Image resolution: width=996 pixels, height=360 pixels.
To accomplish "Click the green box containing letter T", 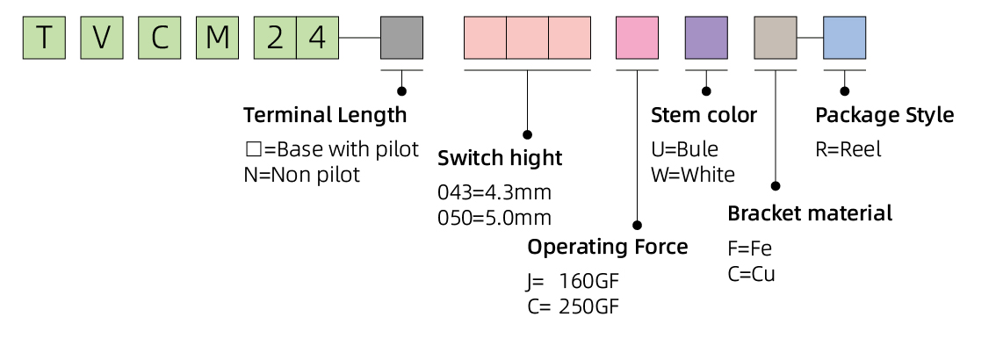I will click(44, 38).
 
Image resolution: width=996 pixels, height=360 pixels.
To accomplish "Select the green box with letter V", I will click(101, 38).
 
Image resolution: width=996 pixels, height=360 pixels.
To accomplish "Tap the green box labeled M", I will click(217, 38).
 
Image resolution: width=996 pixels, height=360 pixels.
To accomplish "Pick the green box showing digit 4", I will click(318, 38).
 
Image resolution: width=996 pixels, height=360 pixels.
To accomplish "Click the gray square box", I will click(401, 38).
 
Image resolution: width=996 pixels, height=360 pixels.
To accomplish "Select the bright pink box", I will click(638, 38).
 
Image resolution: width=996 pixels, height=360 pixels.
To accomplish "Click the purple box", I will click(706, 38).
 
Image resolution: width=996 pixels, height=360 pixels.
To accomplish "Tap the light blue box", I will click(844, 38).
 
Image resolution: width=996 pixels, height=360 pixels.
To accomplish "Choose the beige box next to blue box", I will click(776, 38).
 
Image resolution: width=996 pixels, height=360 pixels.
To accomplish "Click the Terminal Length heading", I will click(325, 115).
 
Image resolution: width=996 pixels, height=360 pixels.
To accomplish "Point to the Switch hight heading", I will click(500, 159).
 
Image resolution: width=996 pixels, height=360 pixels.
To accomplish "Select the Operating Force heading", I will click(607, 247).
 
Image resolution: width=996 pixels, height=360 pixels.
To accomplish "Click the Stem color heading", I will click(704, 115).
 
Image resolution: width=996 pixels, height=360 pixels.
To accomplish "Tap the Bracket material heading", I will click(810, 213).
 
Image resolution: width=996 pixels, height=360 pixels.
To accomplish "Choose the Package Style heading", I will click(884, 115).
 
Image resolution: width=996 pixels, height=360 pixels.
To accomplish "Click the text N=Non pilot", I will click(301, 175).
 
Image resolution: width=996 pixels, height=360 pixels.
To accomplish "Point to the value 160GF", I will click(589, 282).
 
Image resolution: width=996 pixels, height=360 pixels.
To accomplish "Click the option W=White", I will click(693, 175).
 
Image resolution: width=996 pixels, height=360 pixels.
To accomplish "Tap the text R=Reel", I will click(848, 149).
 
